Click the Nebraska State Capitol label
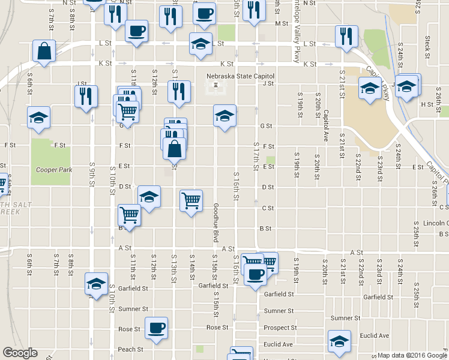pos(240,76)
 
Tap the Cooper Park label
pos(54,170)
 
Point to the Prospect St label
pos(280,328)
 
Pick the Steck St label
pos(427,43)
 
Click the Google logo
pos(20,353)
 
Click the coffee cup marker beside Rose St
pos(157,328)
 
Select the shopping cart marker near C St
pos(191,200)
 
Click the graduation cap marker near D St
pos(149,196)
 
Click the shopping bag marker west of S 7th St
pos(44,51)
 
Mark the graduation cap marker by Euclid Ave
pos(339,341)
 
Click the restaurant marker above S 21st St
pos(346,36)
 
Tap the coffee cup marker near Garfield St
pos(256,275)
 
